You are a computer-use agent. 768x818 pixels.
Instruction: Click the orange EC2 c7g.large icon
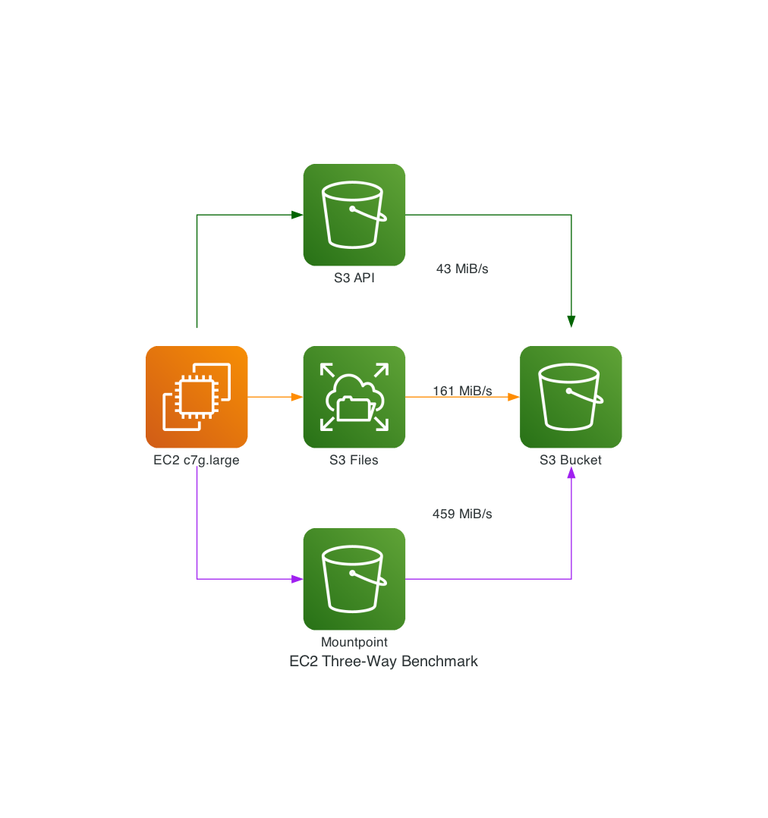pyautogui.click(x=197, y=397)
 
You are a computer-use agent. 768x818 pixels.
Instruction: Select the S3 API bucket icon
pyautogui.click(x=354, y=215)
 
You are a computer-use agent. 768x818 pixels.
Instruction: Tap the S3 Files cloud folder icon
pyautogui.click(x=354, y=397)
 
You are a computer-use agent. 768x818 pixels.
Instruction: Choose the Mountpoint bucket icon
pyautogui.click(x=354, y=579)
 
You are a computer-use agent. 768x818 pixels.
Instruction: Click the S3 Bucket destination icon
pyautogui.click(x=571, y=397)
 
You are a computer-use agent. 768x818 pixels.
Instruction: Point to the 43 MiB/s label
pyautogui.click(x=462, y=269)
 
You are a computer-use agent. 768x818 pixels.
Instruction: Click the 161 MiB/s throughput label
pyautogui.click(x=462, y=391)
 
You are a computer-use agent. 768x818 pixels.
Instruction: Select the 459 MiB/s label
pyautogui.click(x=462, y=514)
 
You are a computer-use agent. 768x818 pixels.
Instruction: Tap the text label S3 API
pyautogui.click(x=354, y=278)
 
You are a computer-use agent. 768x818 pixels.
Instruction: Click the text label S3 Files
pyautogui.click(x=354, y=460)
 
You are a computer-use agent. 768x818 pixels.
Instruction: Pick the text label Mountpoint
pyautogui.click(x=354, y=642)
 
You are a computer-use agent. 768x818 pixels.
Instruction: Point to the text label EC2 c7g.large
pyautogui.click(x=197, y=460)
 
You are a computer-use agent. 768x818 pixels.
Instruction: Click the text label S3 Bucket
pyautogui.click(x=571, y=460)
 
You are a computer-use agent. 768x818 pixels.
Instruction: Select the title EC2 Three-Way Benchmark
pyautogui.click(x=384, y=661)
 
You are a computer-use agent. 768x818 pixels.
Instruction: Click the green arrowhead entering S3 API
pyautogui.click(x=297, y=215)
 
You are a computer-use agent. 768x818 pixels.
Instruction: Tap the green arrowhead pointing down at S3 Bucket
pyautogui.click(x=571, y=322)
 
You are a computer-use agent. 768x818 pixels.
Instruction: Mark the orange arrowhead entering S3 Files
pyautogui.click(x=297, y=397)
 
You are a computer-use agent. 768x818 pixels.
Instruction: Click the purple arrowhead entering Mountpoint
pyautogui.click(x=297, y=579)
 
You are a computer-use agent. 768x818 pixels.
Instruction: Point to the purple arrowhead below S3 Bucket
pyautogui.click(x=571, y=473)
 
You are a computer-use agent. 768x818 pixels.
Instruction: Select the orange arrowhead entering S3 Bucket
pyautogui.click(x=514, y=397)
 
